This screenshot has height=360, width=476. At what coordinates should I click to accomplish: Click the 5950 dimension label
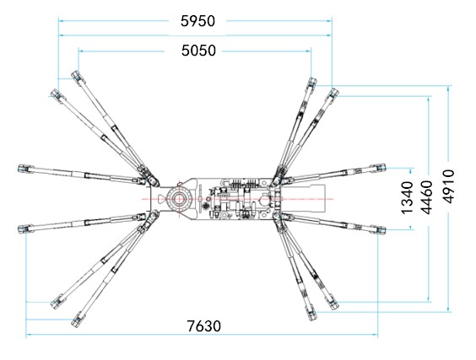tap(197, 21)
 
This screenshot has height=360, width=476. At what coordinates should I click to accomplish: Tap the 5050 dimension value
tap(198, 51)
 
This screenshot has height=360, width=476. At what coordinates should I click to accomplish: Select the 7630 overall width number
tap(203, 326)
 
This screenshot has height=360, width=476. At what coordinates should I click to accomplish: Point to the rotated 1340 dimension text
tap(408, 197)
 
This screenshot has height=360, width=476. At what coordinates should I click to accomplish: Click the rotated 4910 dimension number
tap(448, 186)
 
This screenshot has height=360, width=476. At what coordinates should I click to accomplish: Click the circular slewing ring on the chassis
tap(179, 199)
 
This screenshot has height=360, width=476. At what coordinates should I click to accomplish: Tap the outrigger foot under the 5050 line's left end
tap(77, 76)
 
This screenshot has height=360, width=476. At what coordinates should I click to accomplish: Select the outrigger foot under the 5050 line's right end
tap(311, 83)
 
